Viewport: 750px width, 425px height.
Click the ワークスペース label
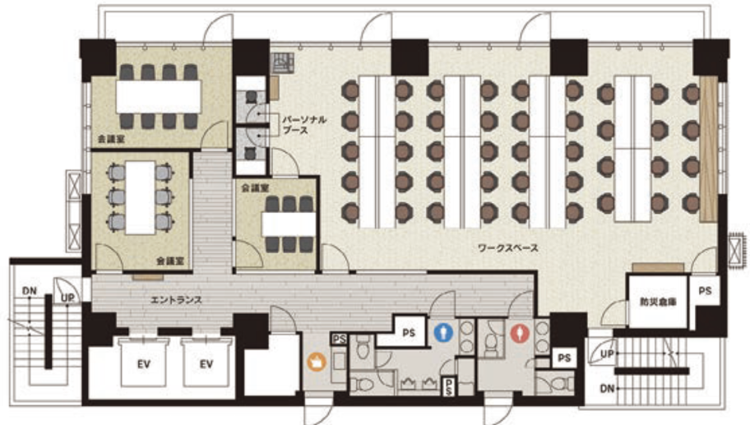[x=508, y=247]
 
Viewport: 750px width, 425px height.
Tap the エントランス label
[x=176, y=300]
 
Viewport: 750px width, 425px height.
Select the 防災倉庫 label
[x=658, y=303]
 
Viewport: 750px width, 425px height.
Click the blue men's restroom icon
[x=443, y=332]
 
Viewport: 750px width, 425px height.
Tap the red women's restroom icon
[x=520, y=333]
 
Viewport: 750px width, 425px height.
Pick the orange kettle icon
[x=317, y=362]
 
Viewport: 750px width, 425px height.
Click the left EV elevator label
[x=144, y=364]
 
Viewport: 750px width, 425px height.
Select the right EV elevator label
[x=206, y=364]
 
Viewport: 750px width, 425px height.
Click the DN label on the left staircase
[x=29, y=291]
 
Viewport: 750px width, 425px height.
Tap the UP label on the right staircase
[x=607, y=354]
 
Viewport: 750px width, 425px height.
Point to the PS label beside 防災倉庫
[x=705, y=291]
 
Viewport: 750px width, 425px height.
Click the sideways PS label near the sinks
[x=449, y=386]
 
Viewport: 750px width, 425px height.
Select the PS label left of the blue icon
[x=409, y=333]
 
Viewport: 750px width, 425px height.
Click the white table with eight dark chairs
[x=159, y=96]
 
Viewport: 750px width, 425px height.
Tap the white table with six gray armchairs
[x=140, y=197]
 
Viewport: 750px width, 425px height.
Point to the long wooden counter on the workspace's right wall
[x=708, y=149]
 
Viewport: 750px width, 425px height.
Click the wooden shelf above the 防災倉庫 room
[x=658, y=268]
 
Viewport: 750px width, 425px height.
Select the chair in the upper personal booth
[x=251, y=98]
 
